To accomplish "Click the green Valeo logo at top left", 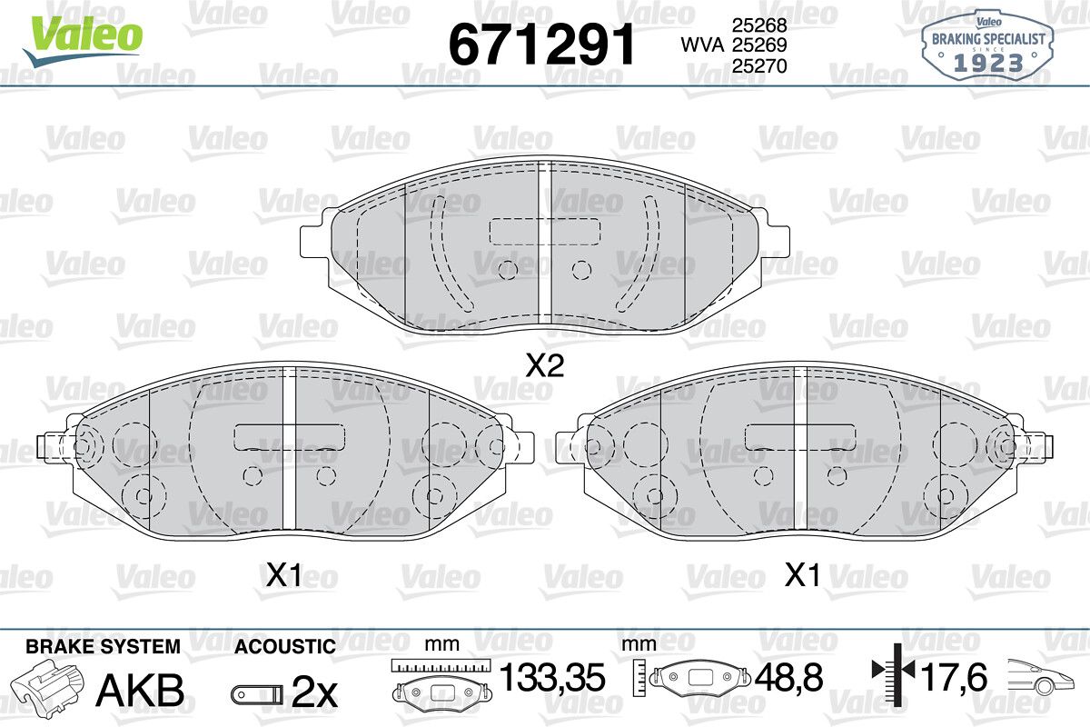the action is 83,40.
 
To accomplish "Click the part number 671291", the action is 541,45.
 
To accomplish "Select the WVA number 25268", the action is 759,25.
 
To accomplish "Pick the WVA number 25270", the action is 759,65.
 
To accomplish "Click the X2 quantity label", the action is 545,365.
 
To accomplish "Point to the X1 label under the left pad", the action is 284,575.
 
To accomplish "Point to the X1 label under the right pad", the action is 802,575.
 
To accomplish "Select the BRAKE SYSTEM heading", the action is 104,647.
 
